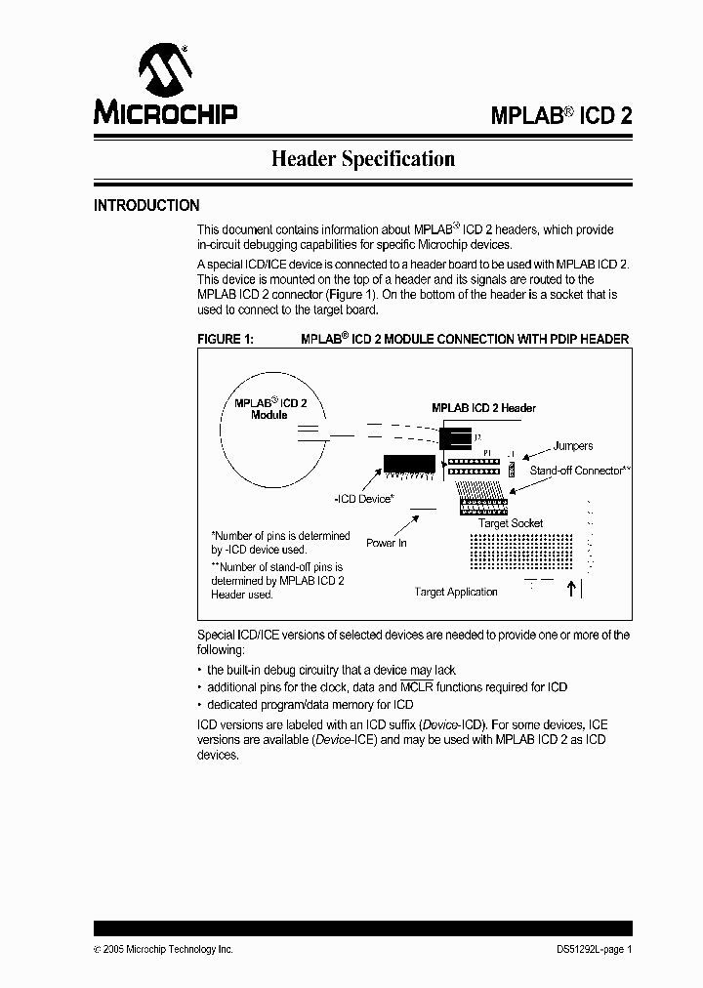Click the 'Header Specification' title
pyautogui.click(x=362, y=158)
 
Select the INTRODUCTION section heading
pyautogui.click(x=146, y=206)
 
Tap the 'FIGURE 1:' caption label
pyautogui.click(x=226, y=339)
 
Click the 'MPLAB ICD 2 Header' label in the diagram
pyautogui.click(x=483, y=408)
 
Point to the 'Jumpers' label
pyautogui.click(x=572, y=446)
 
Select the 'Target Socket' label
pyautogui.click(x=511, y=523)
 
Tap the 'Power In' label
pyautogui.click(x=387, y=543)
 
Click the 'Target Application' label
pyautogui.click(x=456, y=592)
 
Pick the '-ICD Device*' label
pyautogui.click(x=364, y=499)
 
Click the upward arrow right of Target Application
pyautogui.click(x=572, y=589)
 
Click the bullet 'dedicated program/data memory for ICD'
pyautogui.click(x=310, y=705)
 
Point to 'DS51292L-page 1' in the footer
pyautogui.click(x=588, y=950)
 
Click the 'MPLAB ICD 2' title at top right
pyautogui.click(x=560, y=115)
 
